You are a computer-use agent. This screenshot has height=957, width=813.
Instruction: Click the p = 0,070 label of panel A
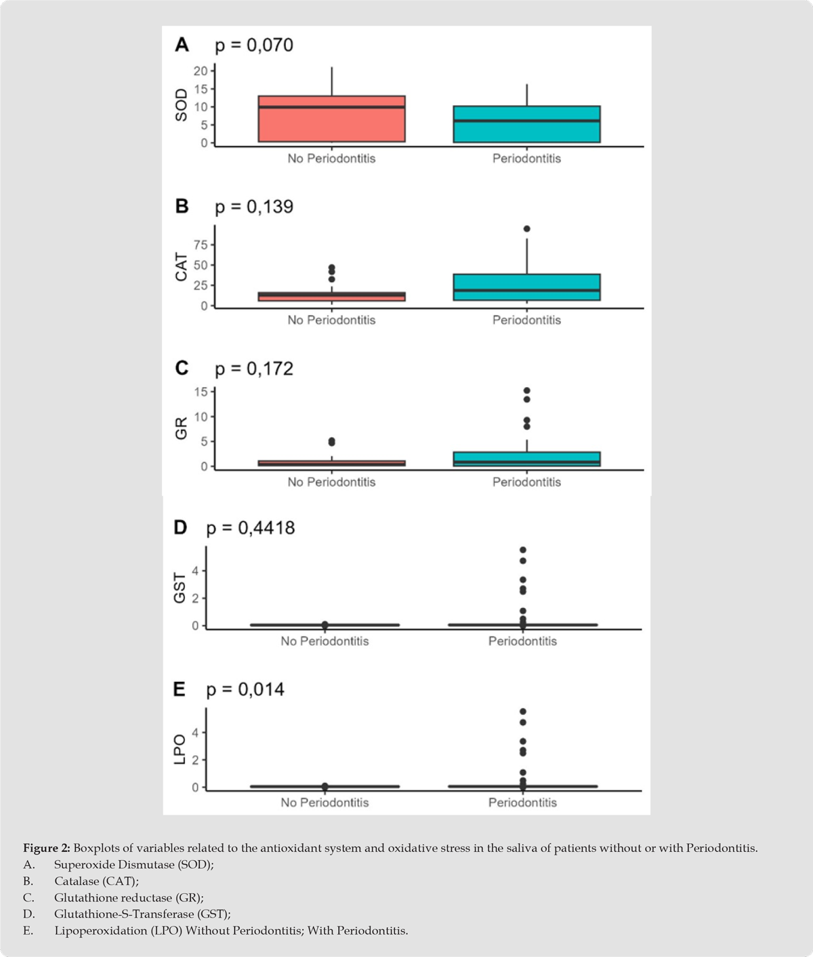[x=254, y=45]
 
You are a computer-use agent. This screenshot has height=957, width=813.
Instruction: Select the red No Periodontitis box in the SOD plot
[x=331, y=119]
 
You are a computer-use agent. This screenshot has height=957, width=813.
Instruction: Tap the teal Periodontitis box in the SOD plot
[x=526, y=124]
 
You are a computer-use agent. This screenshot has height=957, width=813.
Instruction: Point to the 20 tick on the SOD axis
[x=201, y=70]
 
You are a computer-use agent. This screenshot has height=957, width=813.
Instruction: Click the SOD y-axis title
[x=181, y=107]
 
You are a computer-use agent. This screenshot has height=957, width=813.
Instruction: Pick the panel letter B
[x=182, y=206]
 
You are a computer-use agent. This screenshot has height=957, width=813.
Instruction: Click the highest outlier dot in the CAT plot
[x=526, y=229]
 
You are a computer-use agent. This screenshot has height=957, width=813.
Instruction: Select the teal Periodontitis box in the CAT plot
[x=526, y=287]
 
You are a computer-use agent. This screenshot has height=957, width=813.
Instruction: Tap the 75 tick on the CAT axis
[x=201, y=245]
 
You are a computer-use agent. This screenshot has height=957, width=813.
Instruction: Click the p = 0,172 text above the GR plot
[x=254, y=369]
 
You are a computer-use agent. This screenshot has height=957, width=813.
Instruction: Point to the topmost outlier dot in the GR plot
[x=526, y=391]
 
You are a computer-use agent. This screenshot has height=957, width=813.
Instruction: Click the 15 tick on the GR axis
[x=201, y=391]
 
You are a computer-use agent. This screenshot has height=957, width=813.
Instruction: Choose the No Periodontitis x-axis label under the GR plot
[x=331, y=482]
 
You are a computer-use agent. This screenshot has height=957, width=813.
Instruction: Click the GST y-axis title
[x=180, y=588]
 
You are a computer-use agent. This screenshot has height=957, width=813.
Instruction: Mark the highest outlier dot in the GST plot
[x=522, y=550]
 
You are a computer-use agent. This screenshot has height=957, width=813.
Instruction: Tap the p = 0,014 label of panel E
[x=245, y=690]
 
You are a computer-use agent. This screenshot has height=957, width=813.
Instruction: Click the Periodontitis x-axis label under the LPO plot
[x=522, y=802]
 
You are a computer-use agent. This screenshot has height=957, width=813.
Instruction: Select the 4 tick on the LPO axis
[x=195, y=732]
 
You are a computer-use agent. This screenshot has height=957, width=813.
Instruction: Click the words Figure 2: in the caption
[x=47, y=848]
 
